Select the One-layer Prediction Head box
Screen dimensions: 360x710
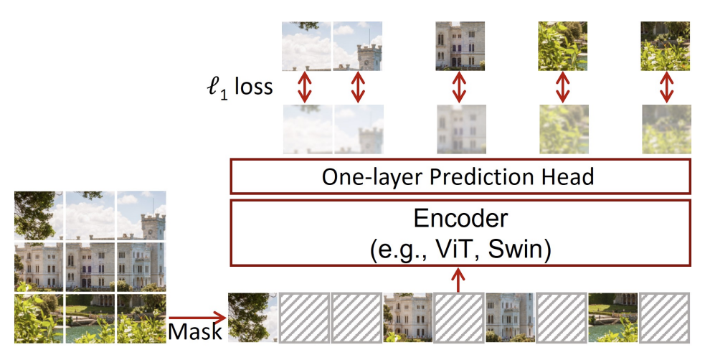[x=459, y=176]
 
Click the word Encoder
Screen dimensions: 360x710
[x=459, y=219]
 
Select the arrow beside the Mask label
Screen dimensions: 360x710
[x=197, y=316]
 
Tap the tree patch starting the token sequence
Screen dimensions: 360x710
[x=252, y=316]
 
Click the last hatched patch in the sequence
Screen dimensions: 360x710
[x=664, y=316]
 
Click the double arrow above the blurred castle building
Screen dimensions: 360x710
[x=459, y=87]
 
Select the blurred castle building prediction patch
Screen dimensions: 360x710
[x=459, y=129]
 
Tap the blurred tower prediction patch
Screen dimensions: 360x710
[x=358, y=129]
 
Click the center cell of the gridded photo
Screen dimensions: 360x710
[x=90, y=265]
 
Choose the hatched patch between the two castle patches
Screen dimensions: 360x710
[x=458, y=316]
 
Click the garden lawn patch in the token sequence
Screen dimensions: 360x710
[x=612, y=316]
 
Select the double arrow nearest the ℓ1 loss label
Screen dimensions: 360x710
[x=306, y=87]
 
